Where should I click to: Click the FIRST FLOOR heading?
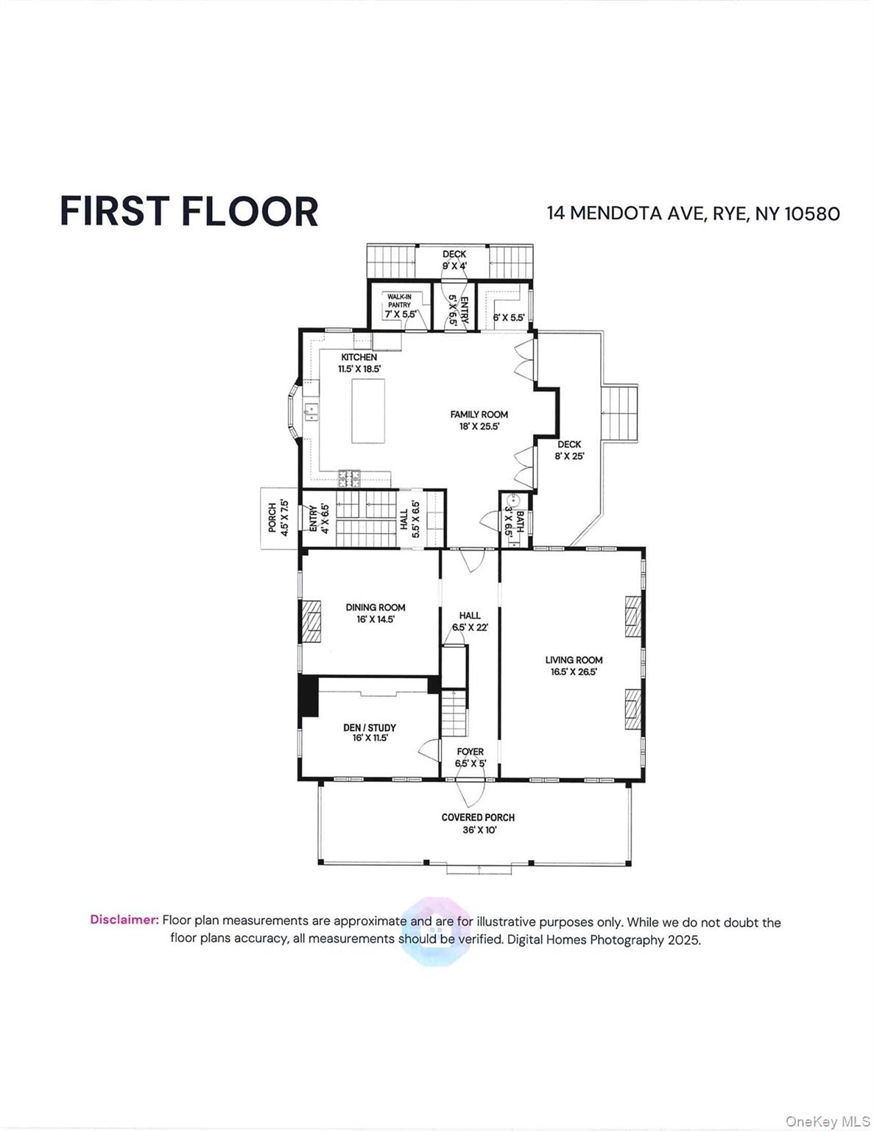pyautogui.click(x=188, y=211)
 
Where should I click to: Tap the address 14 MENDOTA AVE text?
pyautogui.click(x=626, y=214)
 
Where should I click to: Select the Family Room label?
pyautogui.click(x=479, y=415)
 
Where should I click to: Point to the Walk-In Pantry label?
pyautogui.click(x=399, y=300)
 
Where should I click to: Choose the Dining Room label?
pyautogui.click(x=376, y=607)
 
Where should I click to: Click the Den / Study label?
pyautogui.click(x=370, y=727)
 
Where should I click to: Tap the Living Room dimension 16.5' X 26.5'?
pyautogui.click(x=574, y=672)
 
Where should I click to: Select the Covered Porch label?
pyautogui.click(x=478, y=817)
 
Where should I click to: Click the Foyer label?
pyautogui.click(x=470, y=752)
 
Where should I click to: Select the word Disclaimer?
pyautogui.click(x=124, y=920)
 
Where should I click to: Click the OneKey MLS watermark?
pyautogui.click(x=828, y=1121)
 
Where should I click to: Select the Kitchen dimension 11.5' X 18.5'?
pyautogui.click(x=359, y=369)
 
